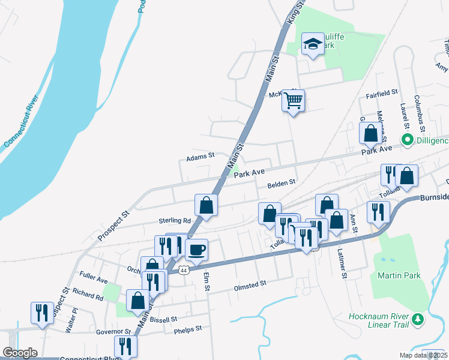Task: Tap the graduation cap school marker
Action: (x=313, y=44)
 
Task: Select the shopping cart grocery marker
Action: (x=293, y=101)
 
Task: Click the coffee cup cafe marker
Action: (x=196, y=249)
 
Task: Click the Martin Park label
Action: (x=399, y=275)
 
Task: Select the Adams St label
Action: (x=200, y=157)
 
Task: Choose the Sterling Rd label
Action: (x=175, y=221)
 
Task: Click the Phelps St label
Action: (x=188, y=329)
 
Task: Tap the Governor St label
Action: (x=113, y=331)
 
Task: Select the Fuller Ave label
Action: (x=93, y=280)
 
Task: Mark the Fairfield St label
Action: (x=382, y=94)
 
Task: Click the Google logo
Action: (x=20, y=353)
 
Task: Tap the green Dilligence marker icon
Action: (x=408, y=140)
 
